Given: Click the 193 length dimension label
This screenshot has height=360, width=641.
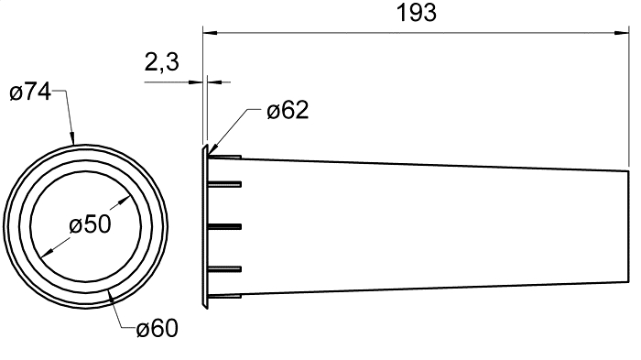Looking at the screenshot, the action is tap(417, 13).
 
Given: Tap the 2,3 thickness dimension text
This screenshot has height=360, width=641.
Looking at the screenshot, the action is tap(162, 62).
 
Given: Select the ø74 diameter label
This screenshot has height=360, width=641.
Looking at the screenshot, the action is tap(30, 92).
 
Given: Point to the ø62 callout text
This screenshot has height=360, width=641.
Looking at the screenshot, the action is tap(288, 110).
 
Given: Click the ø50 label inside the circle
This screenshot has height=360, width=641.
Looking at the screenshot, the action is tap(90, 224).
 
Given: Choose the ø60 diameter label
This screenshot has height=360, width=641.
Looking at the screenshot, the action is tap(158, 328).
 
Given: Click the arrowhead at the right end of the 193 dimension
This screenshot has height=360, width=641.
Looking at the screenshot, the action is tap(622, 33).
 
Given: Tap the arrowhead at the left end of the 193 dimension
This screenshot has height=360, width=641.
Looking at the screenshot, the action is tap(210, 33).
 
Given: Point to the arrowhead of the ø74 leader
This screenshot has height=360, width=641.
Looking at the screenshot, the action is tap(72, 138).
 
